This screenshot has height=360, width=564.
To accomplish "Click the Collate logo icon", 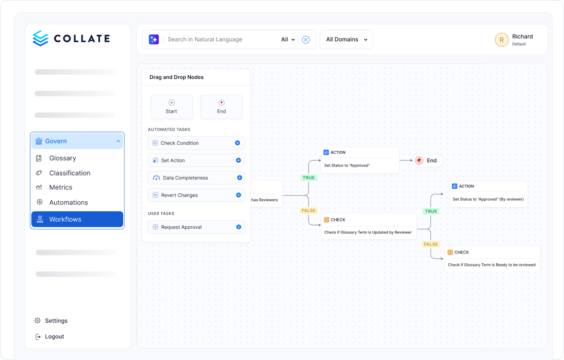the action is click(x=40, y=38).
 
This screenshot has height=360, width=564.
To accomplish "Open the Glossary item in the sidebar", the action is click(x=63, y=158).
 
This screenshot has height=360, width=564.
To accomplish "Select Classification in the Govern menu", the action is click(x=70, y=173).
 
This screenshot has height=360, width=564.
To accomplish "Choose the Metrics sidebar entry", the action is click(x=61, y=187).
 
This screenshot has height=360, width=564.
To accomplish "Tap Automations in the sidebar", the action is click(x=68, y=202).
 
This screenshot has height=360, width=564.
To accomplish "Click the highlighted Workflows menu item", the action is click(x=77, y=219).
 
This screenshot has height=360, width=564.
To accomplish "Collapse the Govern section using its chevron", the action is click(x=118, y=141).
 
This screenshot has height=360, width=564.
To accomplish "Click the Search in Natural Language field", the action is click(x=222, y=39).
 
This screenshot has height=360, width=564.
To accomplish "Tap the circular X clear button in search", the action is click(x=306, y=39).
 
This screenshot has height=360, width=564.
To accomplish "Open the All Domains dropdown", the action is click(x=347, y=39).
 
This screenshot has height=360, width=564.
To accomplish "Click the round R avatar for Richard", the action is click(x=502, y=40).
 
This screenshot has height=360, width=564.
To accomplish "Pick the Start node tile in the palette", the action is click(x=172, y=107).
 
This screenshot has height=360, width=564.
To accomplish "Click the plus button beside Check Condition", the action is click(x=238, y=143).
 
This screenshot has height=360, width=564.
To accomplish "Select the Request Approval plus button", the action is click(x=239, y=227).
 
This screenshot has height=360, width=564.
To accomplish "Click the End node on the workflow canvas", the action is click(x=428, y=160).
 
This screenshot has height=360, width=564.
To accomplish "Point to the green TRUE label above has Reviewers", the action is click(x=309, y=178).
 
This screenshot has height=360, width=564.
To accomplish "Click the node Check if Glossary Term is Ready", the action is click(x=492, y=259).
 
